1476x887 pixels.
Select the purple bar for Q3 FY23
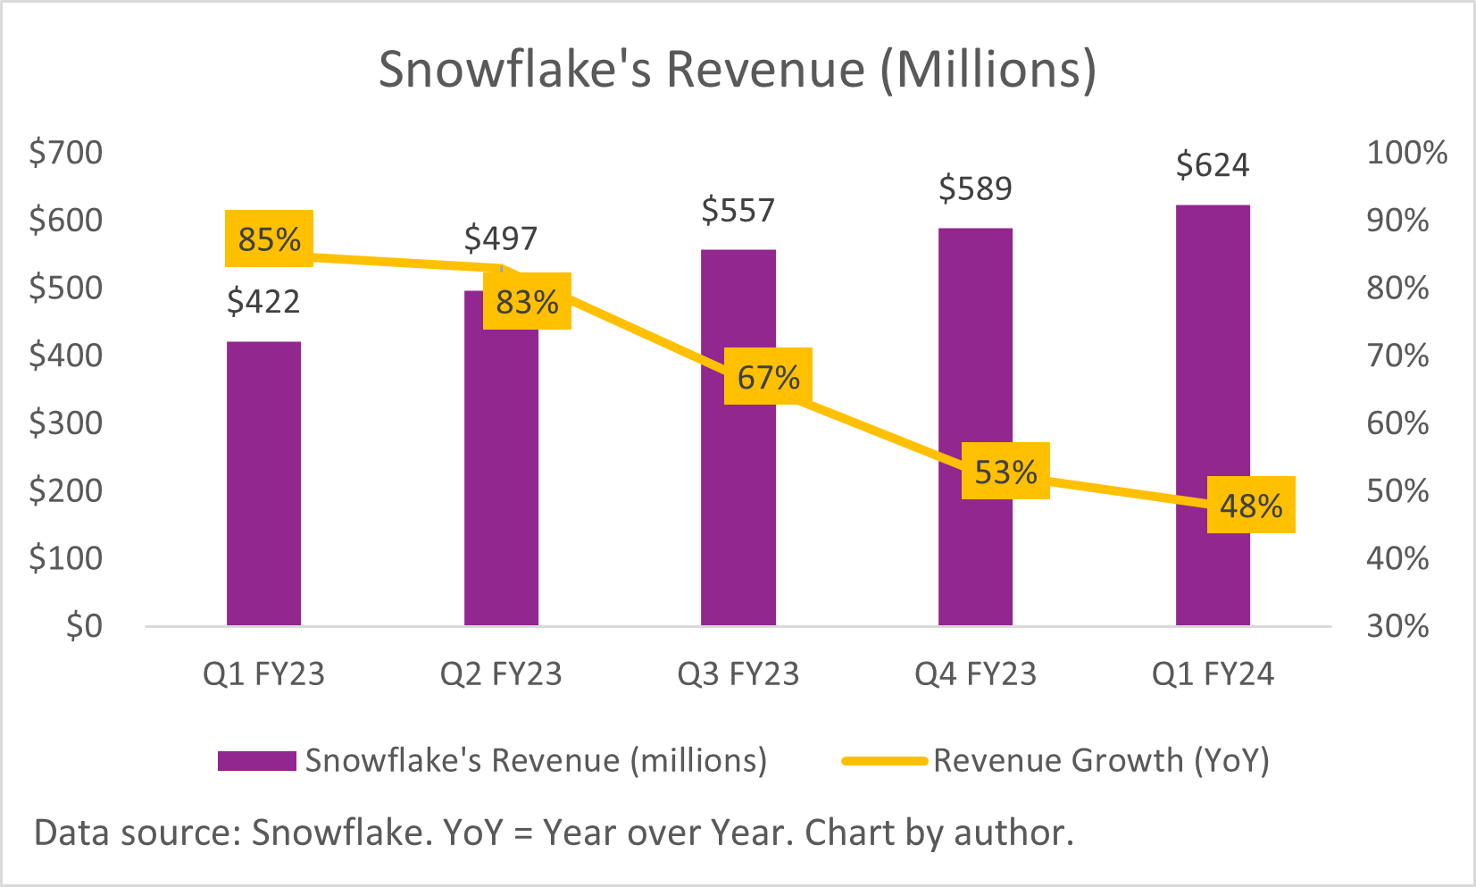(x=738, y=500)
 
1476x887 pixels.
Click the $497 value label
(x=501, y=238)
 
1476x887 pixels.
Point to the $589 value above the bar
(x=975, y=188)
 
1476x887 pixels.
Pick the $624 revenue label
(x=1213, y=165)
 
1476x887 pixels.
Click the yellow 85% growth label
(x=269, y=238)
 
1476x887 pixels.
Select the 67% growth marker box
(x=768, y=376)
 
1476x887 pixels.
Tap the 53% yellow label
(x=1005, y=471)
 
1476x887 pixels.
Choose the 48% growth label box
(x=1251, y=506)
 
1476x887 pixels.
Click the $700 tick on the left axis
(x=66, y=153)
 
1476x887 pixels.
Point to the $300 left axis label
(x=66, y=423)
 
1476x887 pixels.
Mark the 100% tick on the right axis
(x=1406, y=153)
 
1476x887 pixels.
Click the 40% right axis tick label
(x=1397, y=558)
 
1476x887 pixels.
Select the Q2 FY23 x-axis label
(x=501, y=674)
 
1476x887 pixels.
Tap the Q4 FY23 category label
(x=975, y=674)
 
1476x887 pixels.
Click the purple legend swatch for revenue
(x=257, y=761)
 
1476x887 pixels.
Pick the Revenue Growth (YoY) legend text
(x=1101, y=761)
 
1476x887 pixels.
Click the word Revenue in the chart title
(x=765, y=69)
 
